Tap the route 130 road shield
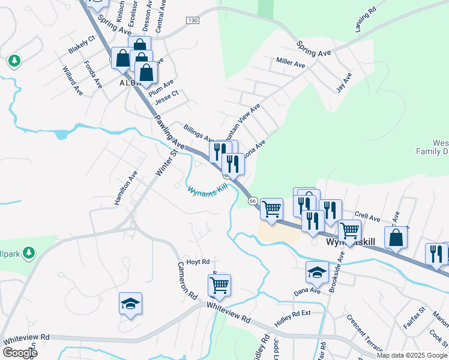pyautogui.click(x=192, y=20)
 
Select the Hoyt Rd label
pyautogui.click(x=197, y=262)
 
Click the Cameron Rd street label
pyautogui.click(x=187, y=281)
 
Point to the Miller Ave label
pyautogui.click(x=291, y=62)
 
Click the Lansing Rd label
pyautogui.click(x=365, y=20)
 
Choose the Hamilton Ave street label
pyautogui.click(x=126, y=188)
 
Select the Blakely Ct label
pyautogui.click(x=82, y=45)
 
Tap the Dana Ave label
pyautogui.click(x=304, y=291)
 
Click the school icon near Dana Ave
pyautogui.click(x=318, y=272)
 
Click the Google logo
pyautogui.click(x=20, y=353)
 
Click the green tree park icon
pyautogui.click(x=14, y=61)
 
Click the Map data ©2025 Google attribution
pyautogui.click(x=412, y=355)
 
